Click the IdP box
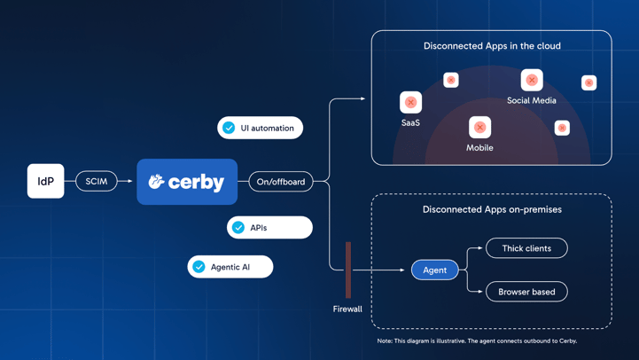[x=45, y=181]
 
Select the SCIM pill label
[x=97, y=181]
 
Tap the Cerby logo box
[x=187, y=182]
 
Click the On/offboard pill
[x=281, y=182]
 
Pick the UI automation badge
[x=261, y=128]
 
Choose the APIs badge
[x=269, y=228]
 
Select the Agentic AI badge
[x=230, y=267]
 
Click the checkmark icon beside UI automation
[x=230, y=128]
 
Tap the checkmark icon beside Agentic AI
[x=199, y=267]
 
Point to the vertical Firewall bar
[x=348, y=270]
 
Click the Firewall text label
[x=347, y=309]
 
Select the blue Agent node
[x=434, y=270]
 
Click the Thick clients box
[x=526, y=248]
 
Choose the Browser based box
[x=526, y=292]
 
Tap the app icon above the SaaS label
[x=410, y=102]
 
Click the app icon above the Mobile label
[x=479, y=127]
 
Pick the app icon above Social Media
[x=532, y=80]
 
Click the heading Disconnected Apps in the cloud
[x=492, y=46]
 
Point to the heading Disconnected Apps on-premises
[x=492, y=209]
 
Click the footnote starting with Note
[x=477, y=340]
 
